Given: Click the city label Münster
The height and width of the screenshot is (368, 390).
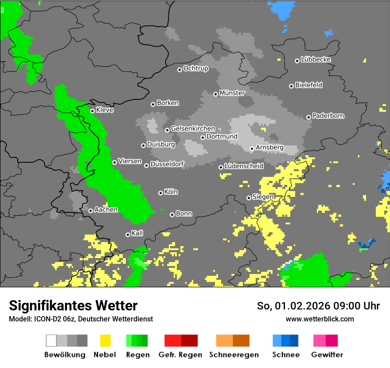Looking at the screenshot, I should [232, 93].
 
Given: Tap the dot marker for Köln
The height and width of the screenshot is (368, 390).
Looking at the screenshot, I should [160, 193].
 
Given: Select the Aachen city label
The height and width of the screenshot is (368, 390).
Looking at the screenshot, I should [106, 210].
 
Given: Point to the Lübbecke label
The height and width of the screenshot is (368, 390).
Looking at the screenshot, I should [316, 59].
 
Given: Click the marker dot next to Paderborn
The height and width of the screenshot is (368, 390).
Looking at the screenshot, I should [308, 117].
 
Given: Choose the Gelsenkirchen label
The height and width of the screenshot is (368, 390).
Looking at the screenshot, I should [193, 129].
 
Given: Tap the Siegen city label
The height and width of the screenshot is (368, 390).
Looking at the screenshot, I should [263, 197].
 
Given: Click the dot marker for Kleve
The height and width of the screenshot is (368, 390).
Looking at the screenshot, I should [92, 111].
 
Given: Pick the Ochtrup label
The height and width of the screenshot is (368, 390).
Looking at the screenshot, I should [195, 68].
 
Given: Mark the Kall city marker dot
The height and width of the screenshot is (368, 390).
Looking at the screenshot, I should [128, 235].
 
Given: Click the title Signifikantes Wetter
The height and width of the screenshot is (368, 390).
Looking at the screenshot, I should [73, 306].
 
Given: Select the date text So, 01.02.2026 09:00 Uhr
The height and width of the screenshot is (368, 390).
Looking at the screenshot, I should [318, 306].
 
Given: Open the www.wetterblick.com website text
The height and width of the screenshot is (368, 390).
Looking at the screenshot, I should [320, 319].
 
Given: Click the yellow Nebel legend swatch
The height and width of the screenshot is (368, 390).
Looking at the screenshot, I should [105, 341].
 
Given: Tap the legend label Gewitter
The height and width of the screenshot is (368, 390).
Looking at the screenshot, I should [327, 355].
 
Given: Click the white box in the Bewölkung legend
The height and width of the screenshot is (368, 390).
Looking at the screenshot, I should [51, 341].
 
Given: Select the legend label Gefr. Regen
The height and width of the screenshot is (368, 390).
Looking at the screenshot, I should [180, 355].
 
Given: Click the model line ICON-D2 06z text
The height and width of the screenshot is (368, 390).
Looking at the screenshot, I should [81, 319].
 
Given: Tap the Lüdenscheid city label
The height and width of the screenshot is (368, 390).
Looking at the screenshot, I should [244, 166].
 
